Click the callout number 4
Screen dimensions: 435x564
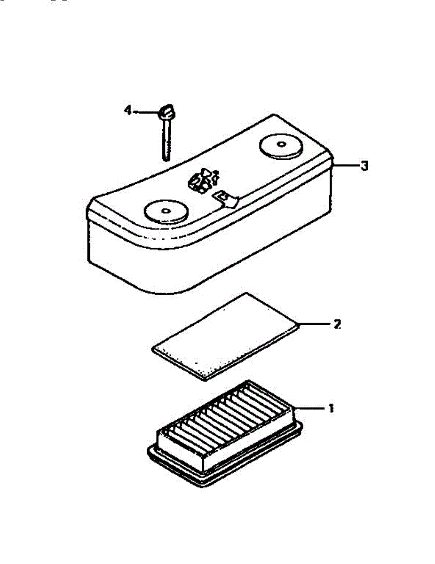pyautogui.click(x=127, y=111)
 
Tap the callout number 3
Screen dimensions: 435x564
pyautogui.click(x=364, y=166)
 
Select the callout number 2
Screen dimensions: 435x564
pyautogui.click(x=337, y=324)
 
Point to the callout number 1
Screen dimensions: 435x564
pyautogui.click(x=331, y=408)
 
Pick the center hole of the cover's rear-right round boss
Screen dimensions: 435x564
pyautogui.click(x=281, y=144)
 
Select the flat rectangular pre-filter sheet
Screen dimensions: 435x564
pyautogui.click(x=226, y=336)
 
